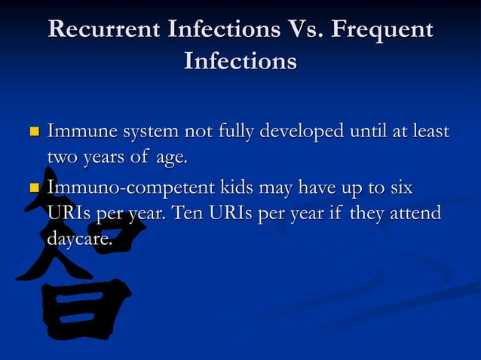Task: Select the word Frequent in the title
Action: click(384, 30)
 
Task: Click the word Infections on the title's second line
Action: click(240, 60)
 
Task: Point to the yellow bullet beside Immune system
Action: click(33, 133)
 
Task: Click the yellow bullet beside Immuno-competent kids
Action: click(33, 187)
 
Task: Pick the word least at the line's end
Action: click(429, 133)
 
